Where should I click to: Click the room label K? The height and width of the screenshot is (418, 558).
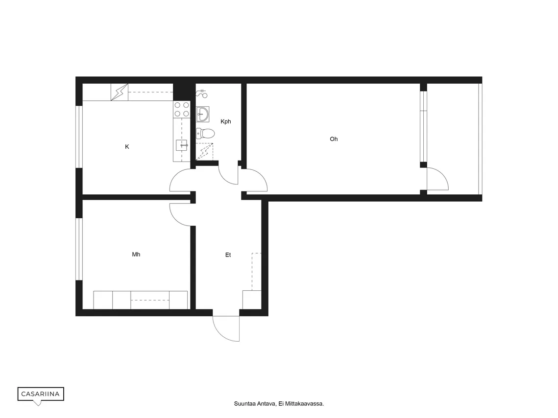point(127,147)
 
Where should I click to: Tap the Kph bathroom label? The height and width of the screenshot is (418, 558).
point(226,121)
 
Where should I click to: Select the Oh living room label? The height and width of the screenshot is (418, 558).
point(334,139)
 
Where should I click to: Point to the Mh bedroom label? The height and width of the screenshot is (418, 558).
point(136,255)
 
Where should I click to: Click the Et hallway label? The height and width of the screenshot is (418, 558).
point(228,255)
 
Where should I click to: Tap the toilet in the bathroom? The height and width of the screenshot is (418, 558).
point(205,134)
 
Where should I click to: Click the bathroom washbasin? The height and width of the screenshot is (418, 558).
point(202,114)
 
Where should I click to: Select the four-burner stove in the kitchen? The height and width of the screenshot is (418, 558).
point(181,109)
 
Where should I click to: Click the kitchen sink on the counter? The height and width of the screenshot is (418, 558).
point(181,145)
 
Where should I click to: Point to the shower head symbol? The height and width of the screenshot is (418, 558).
point(202,93)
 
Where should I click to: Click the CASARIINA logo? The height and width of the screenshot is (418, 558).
point(41,394)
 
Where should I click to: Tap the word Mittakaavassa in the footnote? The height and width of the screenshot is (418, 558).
point(305,404)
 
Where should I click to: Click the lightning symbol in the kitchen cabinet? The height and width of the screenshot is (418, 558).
point(119,93)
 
